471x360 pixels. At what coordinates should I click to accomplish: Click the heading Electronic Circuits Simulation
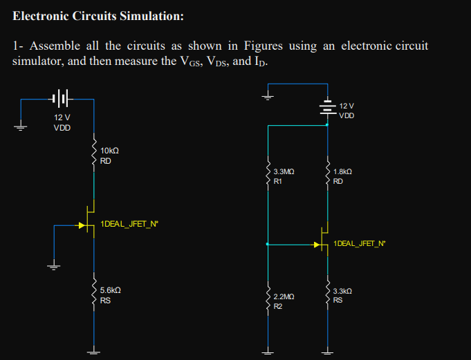pyautogui.click(x=99, y=16)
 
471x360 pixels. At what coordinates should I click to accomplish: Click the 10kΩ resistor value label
pyautogui.click(x=110, y=151)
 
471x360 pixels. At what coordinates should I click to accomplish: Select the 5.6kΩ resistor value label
pyautogui.click(x=111, y=291)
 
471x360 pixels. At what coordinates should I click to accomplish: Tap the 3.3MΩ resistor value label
pyautogui.click(x=284, y=171)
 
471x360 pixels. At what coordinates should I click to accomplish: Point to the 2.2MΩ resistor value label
pyautogui.click(x=284, y=296)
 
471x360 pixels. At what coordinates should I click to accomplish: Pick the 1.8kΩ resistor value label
pyautogui.click(x=342, y=171)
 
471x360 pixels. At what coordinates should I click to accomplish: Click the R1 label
pyautogui.click(x=278, y=182)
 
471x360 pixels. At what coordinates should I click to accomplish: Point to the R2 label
pyautogui.click(x=278, y=306)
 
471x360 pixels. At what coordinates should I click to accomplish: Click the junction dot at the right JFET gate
pyautogui.click(x=268, y=244)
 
